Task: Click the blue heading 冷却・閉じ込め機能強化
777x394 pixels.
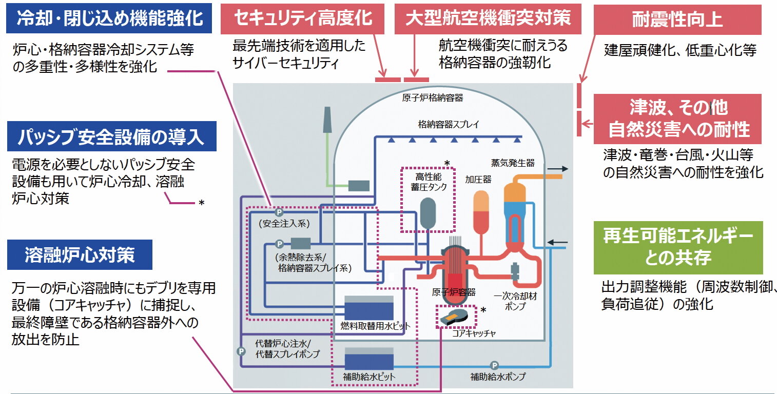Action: (x=110, y=19)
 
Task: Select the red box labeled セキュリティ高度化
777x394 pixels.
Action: (x=303, y=19)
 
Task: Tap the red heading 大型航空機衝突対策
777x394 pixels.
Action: (x=488, y=19)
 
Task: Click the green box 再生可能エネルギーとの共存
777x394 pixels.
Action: (x=678, y=248)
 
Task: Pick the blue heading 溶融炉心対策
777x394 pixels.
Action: (x=80, y=255)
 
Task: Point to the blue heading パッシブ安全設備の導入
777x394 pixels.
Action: (x=111, y=136)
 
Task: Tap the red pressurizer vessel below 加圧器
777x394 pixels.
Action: (x=481, y=212)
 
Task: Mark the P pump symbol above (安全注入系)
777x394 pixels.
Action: (x=279, y=211)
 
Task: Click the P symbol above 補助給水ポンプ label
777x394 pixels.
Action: (x=494, y=365)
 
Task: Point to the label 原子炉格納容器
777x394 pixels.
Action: (x=432, y=97)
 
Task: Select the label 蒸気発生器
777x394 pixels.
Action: (x=513, y=163)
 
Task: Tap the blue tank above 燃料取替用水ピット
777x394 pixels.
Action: (x=368, y=309)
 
